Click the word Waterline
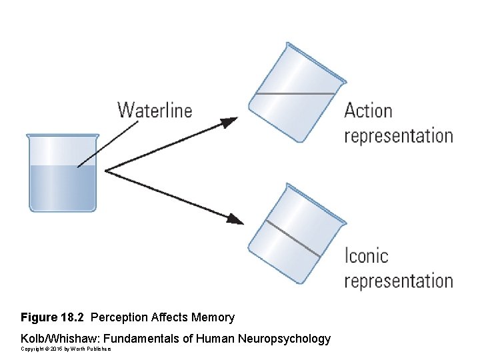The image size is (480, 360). [x=155, y=110]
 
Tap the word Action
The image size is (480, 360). [x=368, y=111]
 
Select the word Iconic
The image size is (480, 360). [x=366, y=255]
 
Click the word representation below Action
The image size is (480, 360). [x=398, y=136]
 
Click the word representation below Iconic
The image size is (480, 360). [x=398, y=281]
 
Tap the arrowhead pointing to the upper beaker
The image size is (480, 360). [x=229, y=122]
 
